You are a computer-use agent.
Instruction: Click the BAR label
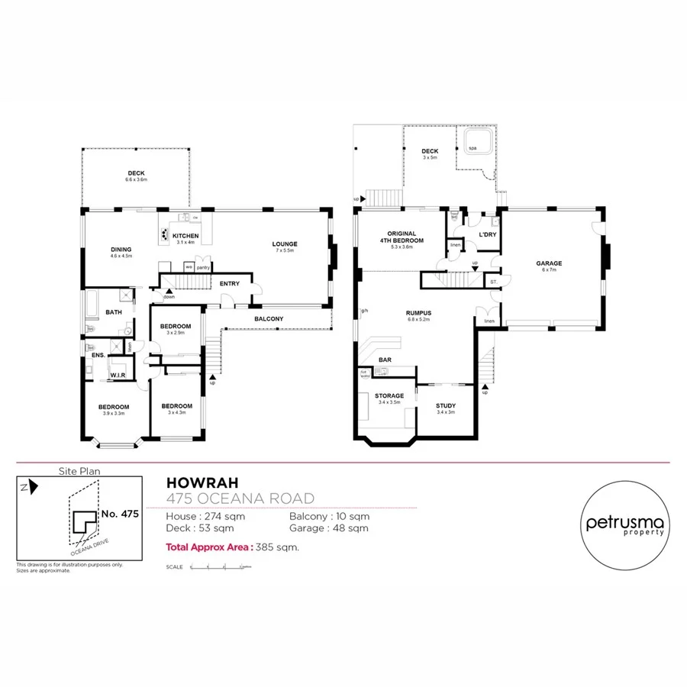pyautogui.click(x=385, y=359)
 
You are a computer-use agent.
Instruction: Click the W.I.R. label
pyautogui.click(x=118, y=375)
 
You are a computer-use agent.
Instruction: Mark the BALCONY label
pyautogui.click(x=269, y=318)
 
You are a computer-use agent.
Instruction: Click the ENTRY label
pyautogui.click(x=229, y=283)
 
